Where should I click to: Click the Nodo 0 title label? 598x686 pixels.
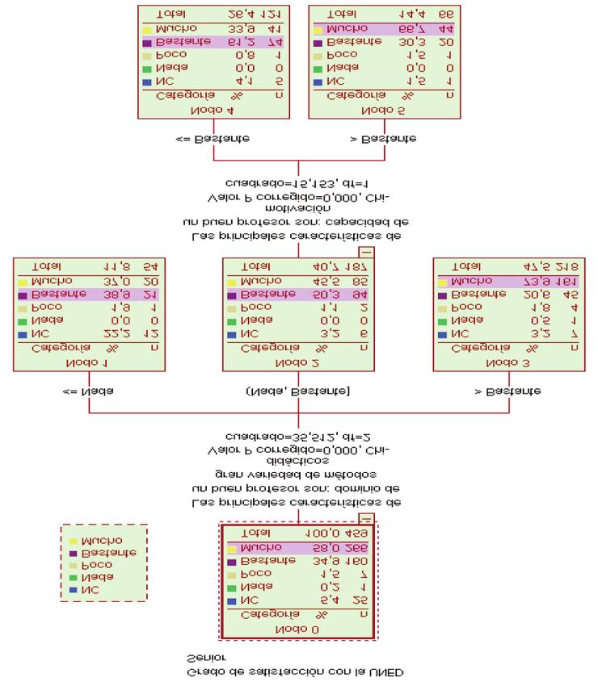click(x=297, y=629)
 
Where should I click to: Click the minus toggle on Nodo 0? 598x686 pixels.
click(x=368, y=519)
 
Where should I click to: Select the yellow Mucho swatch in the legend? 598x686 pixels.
click(x=74, y=541)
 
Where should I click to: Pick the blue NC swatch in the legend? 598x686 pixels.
click(x=74, y=590)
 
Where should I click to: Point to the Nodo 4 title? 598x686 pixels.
click(x=213, y=109)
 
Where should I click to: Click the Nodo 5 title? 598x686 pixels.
click(x=382, y=109)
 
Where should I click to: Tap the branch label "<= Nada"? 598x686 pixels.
click(x=88, y=391)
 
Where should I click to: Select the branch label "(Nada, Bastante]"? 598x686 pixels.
click(x=297, y=391)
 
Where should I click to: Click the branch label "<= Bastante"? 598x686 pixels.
click(x=213, y=138)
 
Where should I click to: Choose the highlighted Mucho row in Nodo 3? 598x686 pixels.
click(x=509, y=281)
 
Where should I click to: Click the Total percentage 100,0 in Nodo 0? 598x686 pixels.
click(x=323, y=533)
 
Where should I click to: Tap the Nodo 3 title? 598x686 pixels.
click(x=508, y=362)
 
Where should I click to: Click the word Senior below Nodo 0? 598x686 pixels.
click(x=207, y=658)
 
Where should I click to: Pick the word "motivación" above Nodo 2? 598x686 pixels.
click(x=297, y=208)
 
